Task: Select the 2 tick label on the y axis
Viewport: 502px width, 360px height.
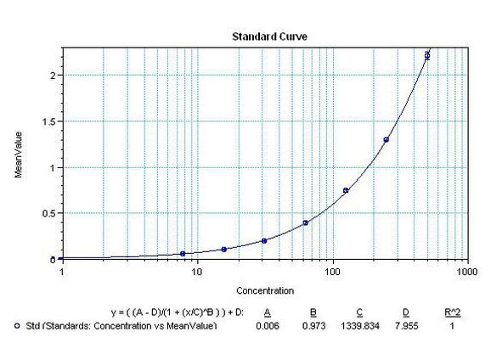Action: tap(54, 76)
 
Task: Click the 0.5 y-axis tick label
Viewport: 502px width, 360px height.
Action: tap(50, 213)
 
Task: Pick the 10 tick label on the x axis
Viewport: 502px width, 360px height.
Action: tap(196, 273)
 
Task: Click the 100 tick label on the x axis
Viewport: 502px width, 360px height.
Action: tap(332, 273)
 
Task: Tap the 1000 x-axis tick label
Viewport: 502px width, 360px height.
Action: tap(465, 273)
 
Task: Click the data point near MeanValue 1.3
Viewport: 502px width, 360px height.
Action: tap(386, 139)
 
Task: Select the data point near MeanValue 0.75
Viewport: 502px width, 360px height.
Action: tap(346, 190)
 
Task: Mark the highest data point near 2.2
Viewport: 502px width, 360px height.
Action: tap(427, 56)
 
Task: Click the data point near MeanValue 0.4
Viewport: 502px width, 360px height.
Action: tap(306, 222)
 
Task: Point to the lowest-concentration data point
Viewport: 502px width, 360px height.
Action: tap(183, 253)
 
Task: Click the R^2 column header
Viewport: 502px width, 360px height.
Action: tap(454, 312)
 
